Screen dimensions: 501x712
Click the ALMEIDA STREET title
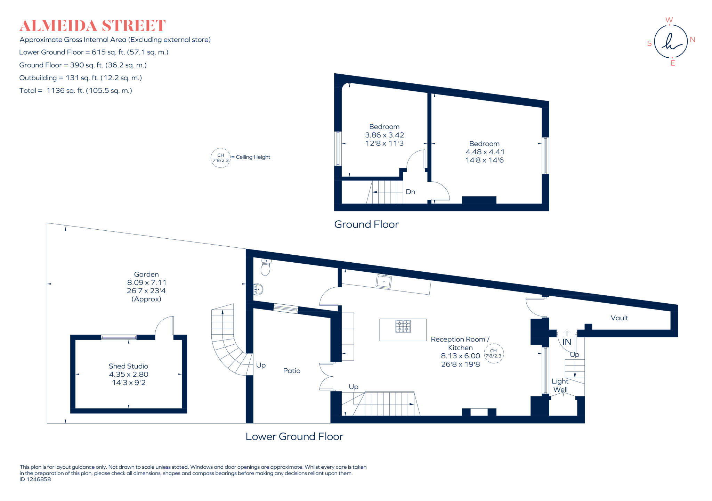coord(92,26)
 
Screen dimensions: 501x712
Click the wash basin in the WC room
coord(258,289)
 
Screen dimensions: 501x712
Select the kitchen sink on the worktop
coord(384,281)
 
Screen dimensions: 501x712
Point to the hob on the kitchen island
coord(403,327)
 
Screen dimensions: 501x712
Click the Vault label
coord(619,318)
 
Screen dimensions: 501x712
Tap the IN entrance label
coord(567,342)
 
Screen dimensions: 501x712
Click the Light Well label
coord(560,385)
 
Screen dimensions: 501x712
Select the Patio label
coord(292,371)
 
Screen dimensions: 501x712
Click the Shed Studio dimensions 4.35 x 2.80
coord(129,375)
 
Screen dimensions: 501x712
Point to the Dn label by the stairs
coord(410,192)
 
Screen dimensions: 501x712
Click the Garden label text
coord(146,274)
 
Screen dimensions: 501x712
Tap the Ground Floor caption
coord(366,224)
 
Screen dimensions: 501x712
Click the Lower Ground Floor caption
coord(294,437)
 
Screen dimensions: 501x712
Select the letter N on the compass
coord(692,40)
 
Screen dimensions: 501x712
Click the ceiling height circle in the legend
coord(221,158)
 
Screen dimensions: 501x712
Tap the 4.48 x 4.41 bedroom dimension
coord(485,152)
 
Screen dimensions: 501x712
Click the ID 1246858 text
coord(35,479)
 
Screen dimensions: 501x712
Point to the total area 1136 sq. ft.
coord(75,91)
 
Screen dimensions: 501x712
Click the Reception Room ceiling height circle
coord(493,353)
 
